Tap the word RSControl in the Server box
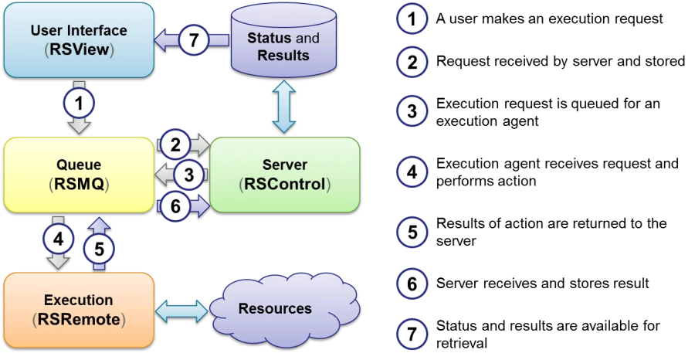point(285,184)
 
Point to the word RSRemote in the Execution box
point(79,319)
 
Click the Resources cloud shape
point(276,309)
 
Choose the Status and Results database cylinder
point(283,43)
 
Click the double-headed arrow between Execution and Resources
point(182,311)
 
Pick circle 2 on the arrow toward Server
point(176,144)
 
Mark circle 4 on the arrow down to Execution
point(58,239)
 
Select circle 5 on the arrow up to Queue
point(99,248)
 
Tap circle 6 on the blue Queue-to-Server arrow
point(176,205)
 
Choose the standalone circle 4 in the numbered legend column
point(412,172)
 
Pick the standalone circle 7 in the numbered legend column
point(412,335)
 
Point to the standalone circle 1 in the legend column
point(412,19)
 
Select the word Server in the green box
point(285,165)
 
